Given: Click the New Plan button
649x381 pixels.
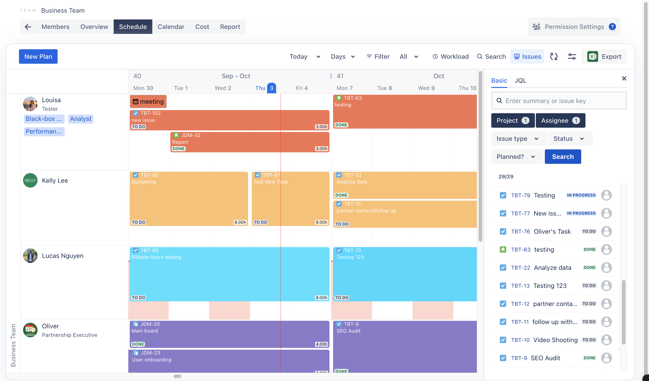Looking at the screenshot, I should click(x=38, y=56).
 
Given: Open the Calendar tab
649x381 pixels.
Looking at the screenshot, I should click(x=171, y=27).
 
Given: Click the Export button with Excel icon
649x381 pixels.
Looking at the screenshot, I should click(x=604, y=56).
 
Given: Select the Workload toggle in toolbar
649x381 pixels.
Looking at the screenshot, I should click(x=450, y=56).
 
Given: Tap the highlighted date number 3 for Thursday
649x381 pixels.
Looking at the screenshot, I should click(x=271, y=88).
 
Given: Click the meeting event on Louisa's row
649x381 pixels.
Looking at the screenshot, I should click(x=148, y=101).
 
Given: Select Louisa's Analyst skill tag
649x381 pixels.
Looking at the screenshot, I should click(x=81, y=119).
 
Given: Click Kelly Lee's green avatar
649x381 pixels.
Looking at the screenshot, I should click(x=30, y=180).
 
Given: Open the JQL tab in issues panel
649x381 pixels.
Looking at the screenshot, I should click(x=520, y=81).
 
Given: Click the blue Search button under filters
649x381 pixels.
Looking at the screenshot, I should click(x=563, y=157).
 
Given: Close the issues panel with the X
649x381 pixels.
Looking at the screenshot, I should click(x=624, y=79).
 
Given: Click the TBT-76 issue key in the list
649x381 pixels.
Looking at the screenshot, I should click(x=520, y=231).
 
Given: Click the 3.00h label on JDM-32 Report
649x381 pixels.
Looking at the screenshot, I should click(x=321, y=149).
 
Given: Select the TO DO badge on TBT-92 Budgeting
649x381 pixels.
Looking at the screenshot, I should click(x=139, y=222).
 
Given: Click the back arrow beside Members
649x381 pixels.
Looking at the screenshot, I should click(x=28, y=27).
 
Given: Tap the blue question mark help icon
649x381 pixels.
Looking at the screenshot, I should click(x=612, y=27).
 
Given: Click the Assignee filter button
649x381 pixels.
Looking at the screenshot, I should click(x=560, y=121).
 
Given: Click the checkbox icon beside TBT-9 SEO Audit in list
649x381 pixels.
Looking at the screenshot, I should click(x=503, y=358).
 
